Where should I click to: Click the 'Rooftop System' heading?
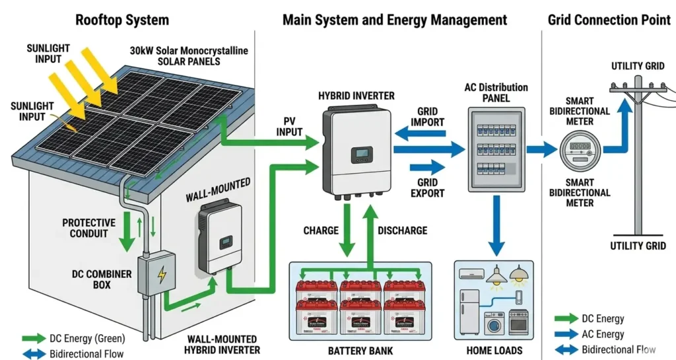pyautogui.click(x=122, y=19)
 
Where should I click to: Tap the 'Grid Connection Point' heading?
pyautogui.click(x=609, y=19)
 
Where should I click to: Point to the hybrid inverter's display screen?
pyautogui.click(x=362, y=155)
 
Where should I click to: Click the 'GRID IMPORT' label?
pyautogui.click(x=428, y=117)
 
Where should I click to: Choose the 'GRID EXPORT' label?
pyautogui.click(x=428, y=188)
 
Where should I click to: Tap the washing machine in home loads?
pyautogui.click(x=494, y=324)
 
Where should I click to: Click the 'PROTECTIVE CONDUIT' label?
pyautogui.click(x=88, y=229)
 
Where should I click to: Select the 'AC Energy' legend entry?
pyautogui.click(x=601, y=334)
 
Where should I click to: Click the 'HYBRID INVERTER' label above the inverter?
pyautogui.click(x=356, y=95)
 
